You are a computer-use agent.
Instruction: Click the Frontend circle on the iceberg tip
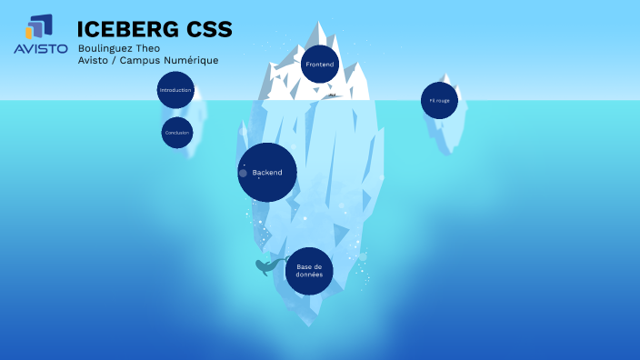pyautogui.click(x=320, y=65)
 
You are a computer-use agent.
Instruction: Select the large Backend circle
pyautogui.click(x=267, y=172)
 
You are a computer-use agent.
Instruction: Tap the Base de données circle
pyautogui.click(x=309, y=271)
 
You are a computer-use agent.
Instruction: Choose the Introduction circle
pyautogui.click(x=175, y=90)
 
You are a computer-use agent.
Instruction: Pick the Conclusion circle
pyautogui.click(x=176, y=133)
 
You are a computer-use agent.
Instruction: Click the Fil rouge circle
pyautogui.click(x=439, y=100)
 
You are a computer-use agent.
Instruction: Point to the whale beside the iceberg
pyautogui.click(x=267, y=266)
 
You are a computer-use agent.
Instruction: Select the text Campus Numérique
pyautogui.click(x=174, y=61)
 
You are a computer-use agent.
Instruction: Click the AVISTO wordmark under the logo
pyautogui.click(x=40, y=49)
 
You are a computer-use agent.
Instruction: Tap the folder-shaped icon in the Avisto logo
pyautogui.click(x=39, y=27)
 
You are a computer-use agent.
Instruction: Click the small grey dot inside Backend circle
pyautogui.click(x=243, y=173)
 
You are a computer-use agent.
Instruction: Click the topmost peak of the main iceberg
pyautogui.click(x=318, y=24)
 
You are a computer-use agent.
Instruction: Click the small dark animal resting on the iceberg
pyautogui.click(x=333, y=95)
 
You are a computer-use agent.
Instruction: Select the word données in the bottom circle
pyautogui.click(x=309, y=275)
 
